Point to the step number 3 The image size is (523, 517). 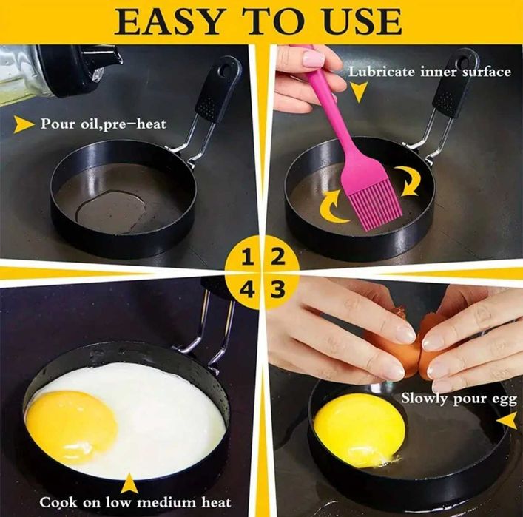tap(278, 289)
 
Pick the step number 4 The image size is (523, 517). tap(247, 289)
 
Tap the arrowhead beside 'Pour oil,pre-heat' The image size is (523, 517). tap(24, 124)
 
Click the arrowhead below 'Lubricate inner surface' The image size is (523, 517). tap(359, 92)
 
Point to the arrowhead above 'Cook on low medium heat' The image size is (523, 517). tap(129, 483)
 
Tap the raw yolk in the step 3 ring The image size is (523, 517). tap(360, 426)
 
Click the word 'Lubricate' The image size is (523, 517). tap(382, 72)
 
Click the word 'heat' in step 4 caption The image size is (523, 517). tap(216, 502)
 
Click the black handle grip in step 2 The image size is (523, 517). tap(455, 85)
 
